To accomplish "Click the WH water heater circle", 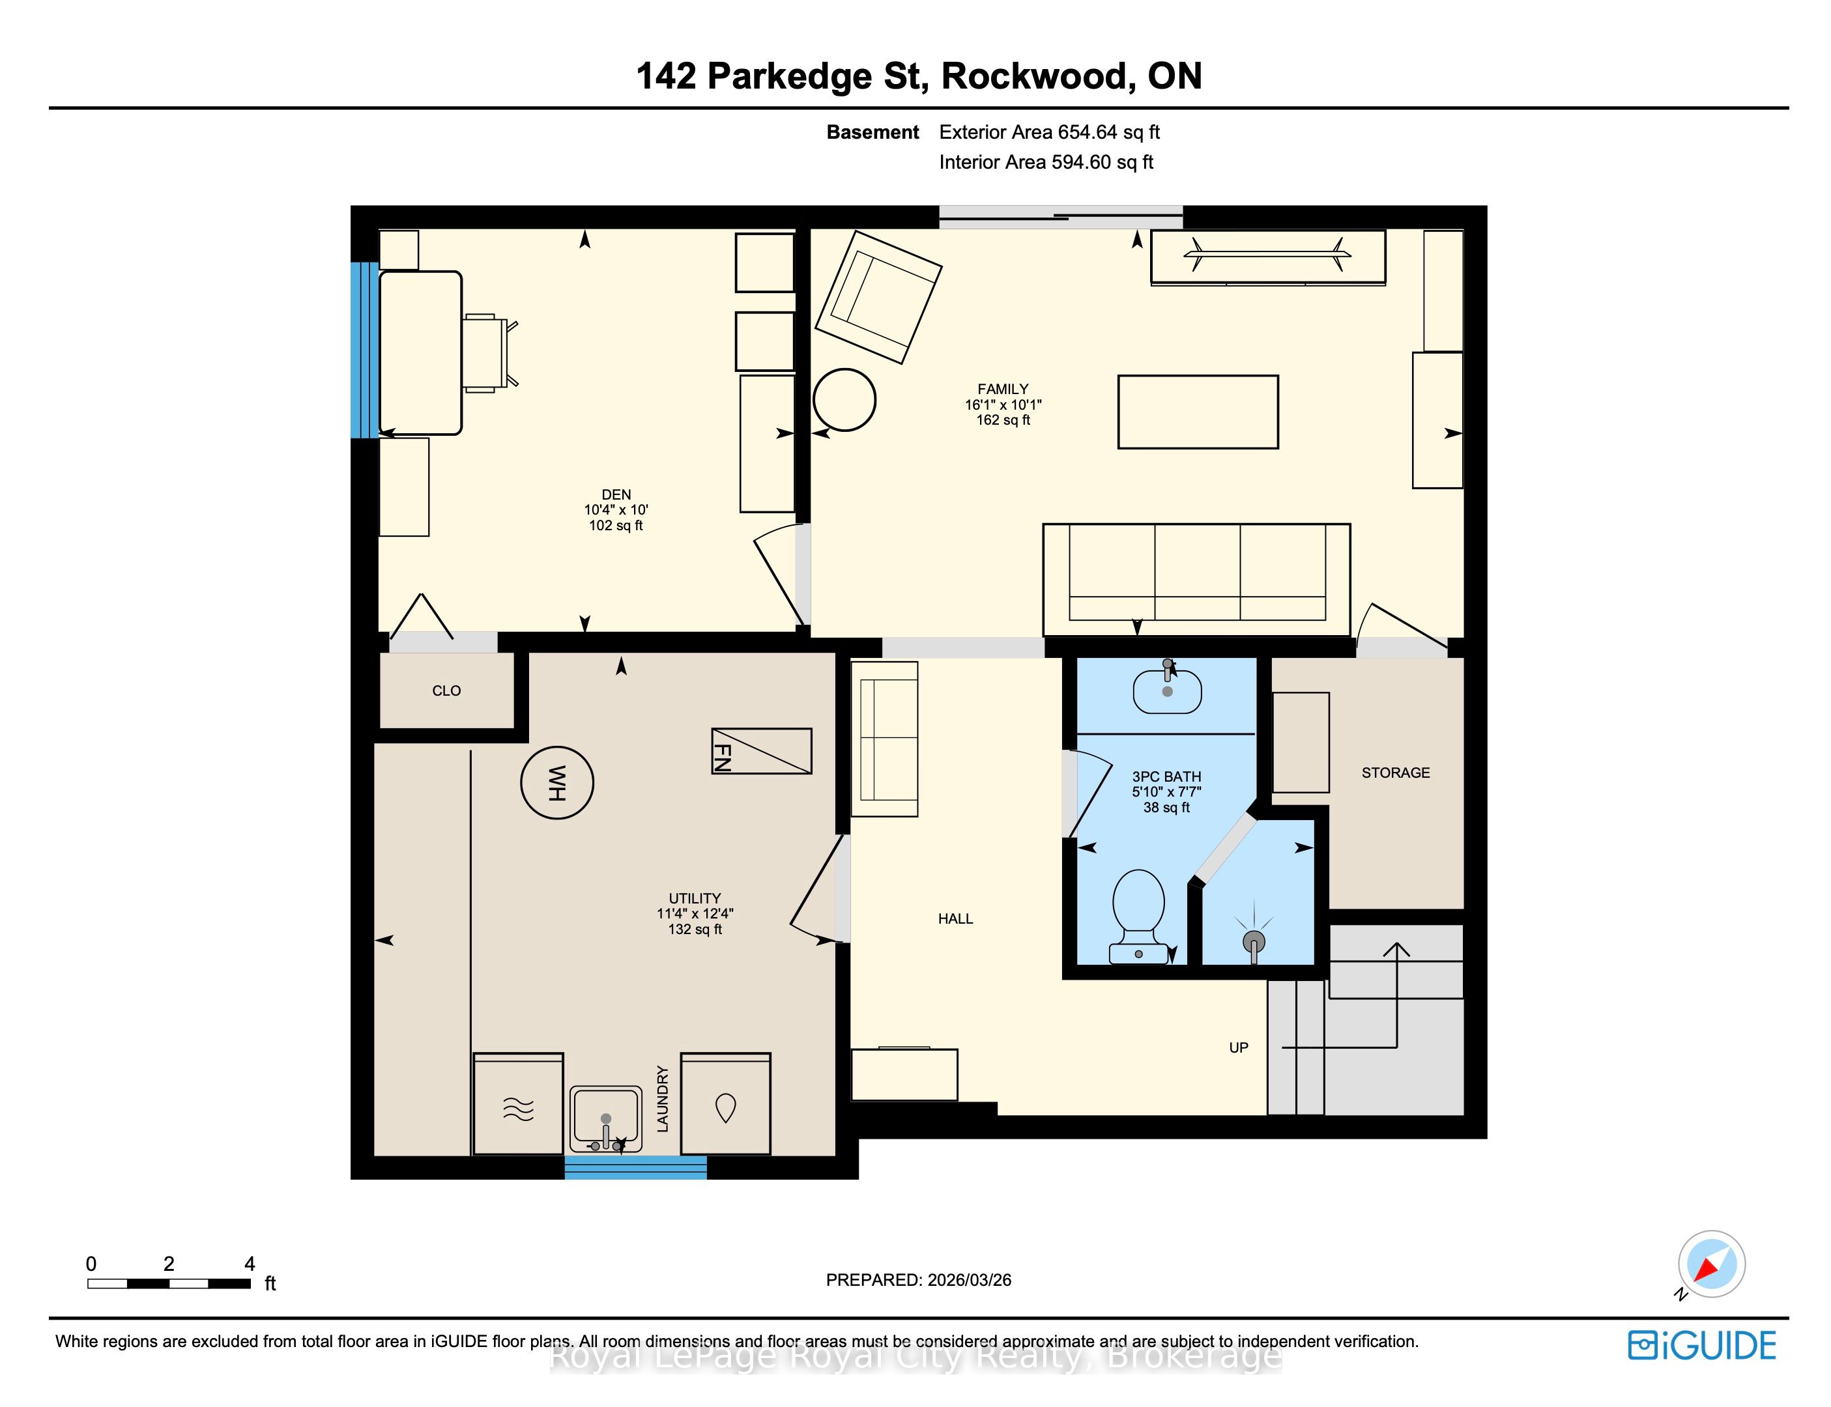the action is (x=557, y=782).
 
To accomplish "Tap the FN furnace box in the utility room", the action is (x=761, y=751).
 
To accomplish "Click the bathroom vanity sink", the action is (x=1167, y=690).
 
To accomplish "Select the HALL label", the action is (x=956, y=918).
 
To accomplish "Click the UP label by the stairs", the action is (x=1239, y=1047).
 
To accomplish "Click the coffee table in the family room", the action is (x=1198, y=412).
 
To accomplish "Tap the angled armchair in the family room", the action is (x=878, y=297).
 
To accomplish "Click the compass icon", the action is (x=1710, y=1264).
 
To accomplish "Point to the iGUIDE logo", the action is (x=1703, y=1346).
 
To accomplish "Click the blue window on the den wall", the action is (x=364, y=350).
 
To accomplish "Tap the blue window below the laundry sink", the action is (x=636, y=1167).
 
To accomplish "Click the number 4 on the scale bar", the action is (x=250, y=1264).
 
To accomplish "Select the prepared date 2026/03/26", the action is (x=969, y=1280).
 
